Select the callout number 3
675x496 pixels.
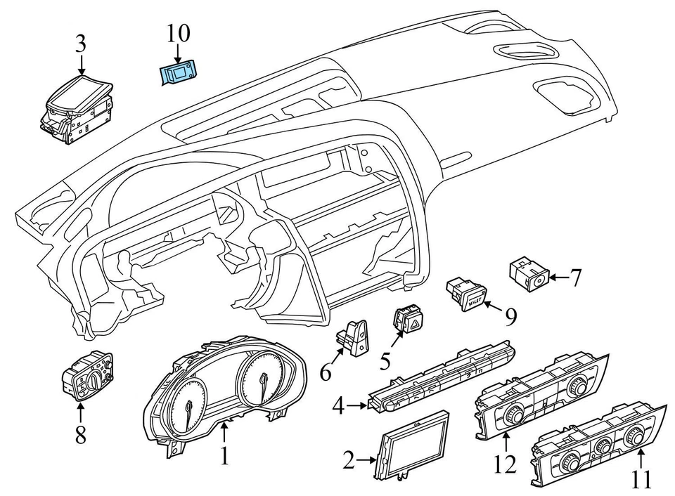81,44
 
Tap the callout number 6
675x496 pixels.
325,371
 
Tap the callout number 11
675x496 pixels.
640,480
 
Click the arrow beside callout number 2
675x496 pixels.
369,461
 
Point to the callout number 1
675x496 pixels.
224,456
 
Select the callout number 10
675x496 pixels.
178,32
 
